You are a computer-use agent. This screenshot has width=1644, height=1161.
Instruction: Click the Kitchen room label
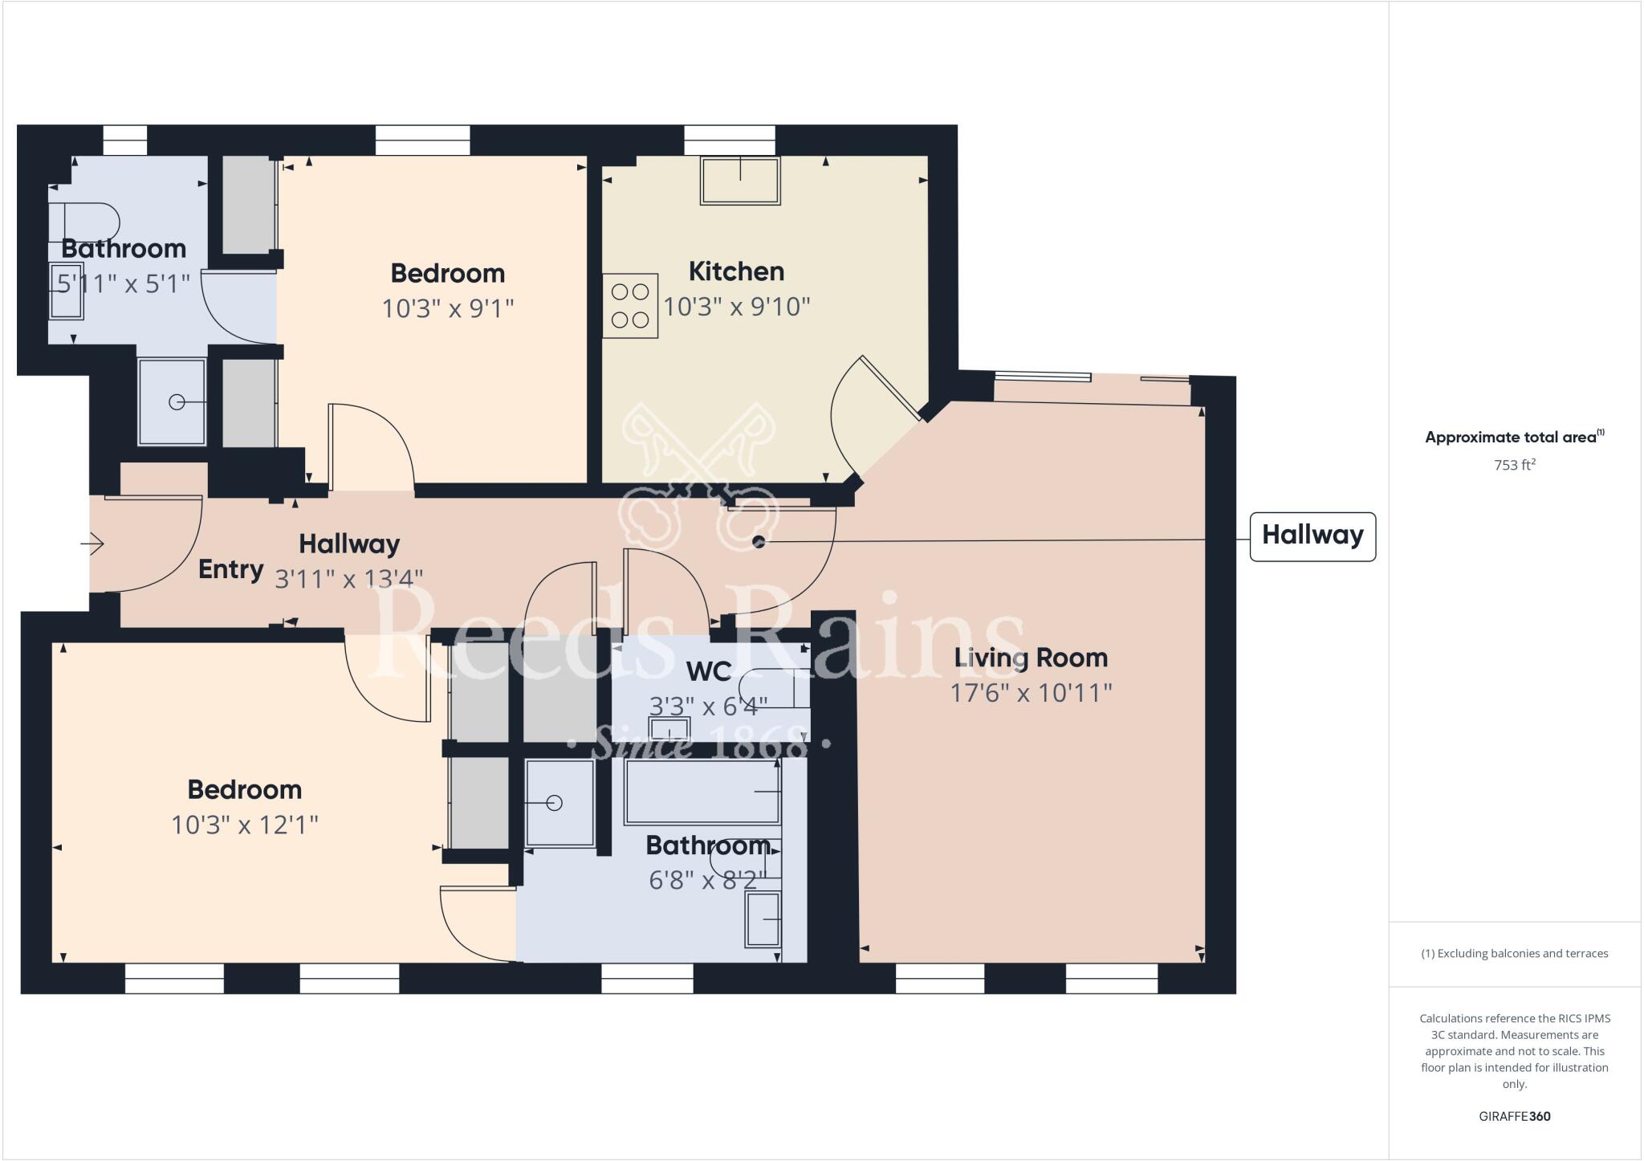point(736,271)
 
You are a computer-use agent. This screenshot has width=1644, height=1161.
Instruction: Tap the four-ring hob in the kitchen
point(630,306)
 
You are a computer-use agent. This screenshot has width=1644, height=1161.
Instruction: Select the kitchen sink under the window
point(740,181)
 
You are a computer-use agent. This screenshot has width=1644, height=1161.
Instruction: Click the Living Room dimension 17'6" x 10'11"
point(1031,693)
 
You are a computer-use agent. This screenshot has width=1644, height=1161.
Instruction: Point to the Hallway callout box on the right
point(1312,536)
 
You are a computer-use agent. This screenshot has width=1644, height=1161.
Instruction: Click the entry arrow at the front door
point(93,544)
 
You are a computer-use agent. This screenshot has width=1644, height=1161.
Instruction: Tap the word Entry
point(230,569)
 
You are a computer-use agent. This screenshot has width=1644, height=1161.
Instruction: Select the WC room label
point(709,670)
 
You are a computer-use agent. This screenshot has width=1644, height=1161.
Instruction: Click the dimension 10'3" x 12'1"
point(245,825)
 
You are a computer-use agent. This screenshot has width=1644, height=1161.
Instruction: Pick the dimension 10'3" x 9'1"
point(447,308)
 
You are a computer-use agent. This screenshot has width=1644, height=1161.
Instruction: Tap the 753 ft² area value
point(1514,465)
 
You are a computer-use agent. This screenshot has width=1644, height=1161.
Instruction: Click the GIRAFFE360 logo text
point(1514,1116)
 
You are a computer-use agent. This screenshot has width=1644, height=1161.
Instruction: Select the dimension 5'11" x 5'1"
point(124,283)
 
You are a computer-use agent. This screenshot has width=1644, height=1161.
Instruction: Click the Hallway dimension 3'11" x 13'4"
point(348,579)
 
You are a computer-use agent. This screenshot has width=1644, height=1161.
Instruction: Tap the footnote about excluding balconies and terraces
point(1514,954)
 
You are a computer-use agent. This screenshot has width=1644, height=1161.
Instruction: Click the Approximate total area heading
point(1513,438)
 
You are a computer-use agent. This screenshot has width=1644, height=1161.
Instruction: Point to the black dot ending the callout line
point(759,542)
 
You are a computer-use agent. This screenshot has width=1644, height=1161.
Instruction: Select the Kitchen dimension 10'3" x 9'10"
point(736,307)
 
